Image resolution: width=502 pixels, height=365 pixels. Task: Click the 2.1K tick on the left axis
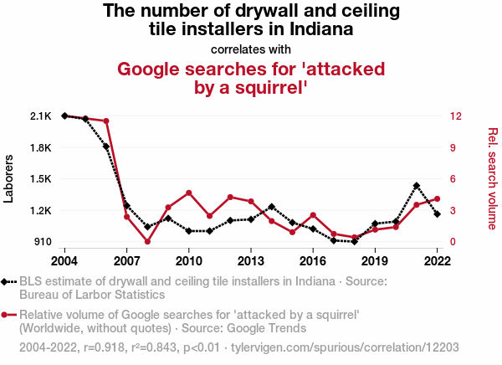click(x=40, y=116)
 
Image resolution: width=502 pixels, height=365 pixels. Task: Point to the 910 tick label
click(x=42, y=242)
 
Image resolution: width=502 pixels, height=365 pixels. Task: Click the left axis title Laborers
click(x=10, y=178)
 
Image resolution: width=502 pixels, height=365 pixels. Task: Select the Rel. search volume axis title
click(x=492, y=178)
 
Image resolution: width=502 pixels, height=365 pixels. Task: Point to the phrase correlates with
click(x=251, y=49)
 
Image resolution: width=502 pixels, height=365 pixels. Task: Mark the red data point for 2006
click(x=106, y=121)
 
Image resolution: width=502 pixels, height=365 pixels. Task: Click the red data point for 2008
click(x=147, y=242)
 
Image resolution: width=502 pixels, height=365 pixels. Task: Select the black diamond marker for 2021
click(x=417, y=186)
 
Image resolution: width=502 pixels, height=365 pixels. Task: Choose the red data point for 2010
click(x=189, y=193)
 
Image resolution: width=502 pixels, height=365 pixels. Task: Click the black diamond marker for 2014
click(x=272, y=207)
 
